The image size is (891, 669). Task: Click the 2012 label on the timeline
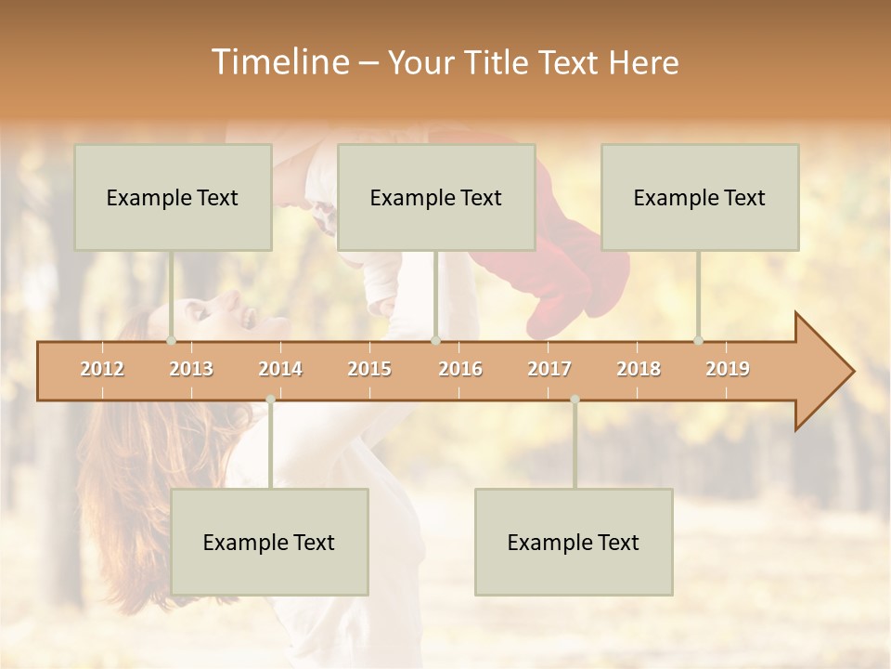(102, 369)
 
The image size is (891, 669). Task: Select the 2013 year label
(191, 369)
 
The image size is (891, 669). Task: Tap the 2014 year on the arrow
(280, 369)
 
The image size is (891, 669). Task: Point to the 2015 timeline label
(369, 369)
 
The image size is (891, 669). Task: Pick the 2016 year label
(460, 369)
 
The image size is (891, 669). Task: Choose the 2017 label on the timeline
(549, 369)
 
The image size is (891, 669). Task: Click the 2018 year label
(639, 369)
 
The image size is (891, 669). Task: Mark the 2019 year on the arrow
(728, 369)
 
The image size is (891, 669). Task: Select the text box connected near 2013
(173, 197)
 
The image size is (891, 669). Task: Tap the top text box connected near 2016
(436, 197)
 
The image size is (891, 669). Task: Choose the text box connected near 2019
(700, 197)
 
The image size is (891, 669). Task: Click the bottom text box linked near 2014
(269, 542)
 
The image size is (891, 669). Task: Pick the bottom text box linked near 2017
(574, 542)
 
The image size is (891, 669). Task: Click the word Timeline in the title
(278, 62)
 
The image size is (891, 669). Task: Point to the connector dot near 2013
(171, 340)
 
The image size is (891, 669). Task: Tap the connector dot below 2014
(270, 400)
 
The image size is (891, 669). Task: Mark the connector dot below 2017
(575, 400)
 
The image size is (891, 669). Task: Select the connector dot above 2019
(698, 340)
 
